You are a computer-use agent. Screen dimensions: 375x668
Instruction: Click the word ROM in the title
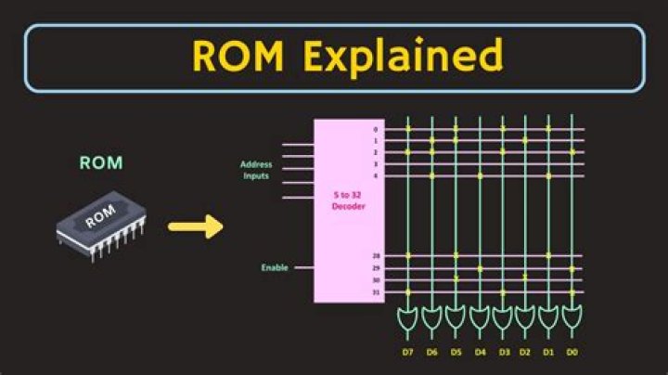(240, 57)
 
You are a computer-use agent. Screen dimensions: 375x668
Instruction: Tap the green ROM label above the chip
(100, 163)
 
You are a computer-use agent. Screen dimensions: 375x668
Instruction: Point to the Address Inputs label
(256, 170)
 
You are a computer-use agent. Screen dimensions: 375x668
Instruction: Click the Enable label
(274, 267)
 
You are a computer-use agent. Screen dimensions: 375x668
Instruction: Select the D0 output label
(572, 353)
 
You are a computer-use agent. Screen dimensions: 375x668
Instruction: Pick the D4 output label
(479, 353)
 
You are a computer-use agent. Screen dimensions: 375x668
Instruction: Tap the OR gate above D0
(572, 318)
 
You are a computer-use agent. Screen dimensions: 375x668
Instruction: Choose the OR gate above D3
(502, 318)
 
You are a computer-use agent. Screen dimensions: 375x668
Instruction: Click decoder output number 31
(376, 291)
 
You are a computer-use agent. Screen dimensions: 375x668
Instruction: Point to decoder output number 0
(376, 129)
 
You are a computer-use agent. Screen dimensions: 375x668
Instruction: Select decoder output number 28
(376, 256)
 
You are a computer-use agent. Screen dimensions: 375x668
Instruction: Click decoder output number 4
(376, 175)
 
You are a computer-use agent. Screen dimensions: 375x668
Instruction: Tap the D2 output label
(525, 353)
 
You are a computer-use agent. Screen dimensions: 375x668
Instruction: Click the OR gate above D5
(456, 318)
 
